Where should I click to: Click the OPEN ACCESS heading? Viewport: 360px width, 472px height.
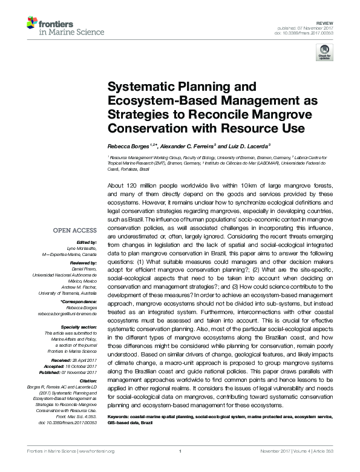(75, 231)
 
